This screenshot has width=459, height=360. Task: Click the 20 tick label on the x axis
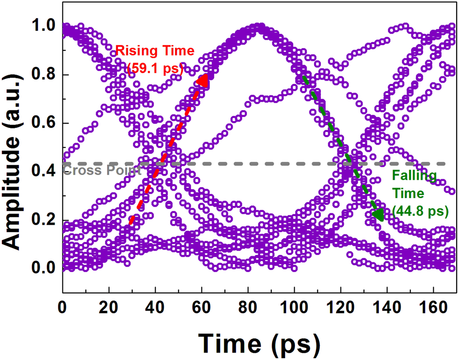click(109, 306)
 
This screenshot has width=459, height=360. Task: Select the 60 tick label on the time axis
click(202, 306)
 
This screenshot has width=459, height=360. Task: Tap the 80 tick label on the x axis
click(248, 306)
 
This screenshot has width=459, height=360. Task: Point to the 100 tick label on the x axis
click(294, 306)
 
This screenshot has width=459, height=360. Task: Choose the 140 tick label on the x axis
click(387, 306)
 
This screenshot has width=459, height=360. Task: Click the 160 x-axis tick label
click(433, 306)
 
